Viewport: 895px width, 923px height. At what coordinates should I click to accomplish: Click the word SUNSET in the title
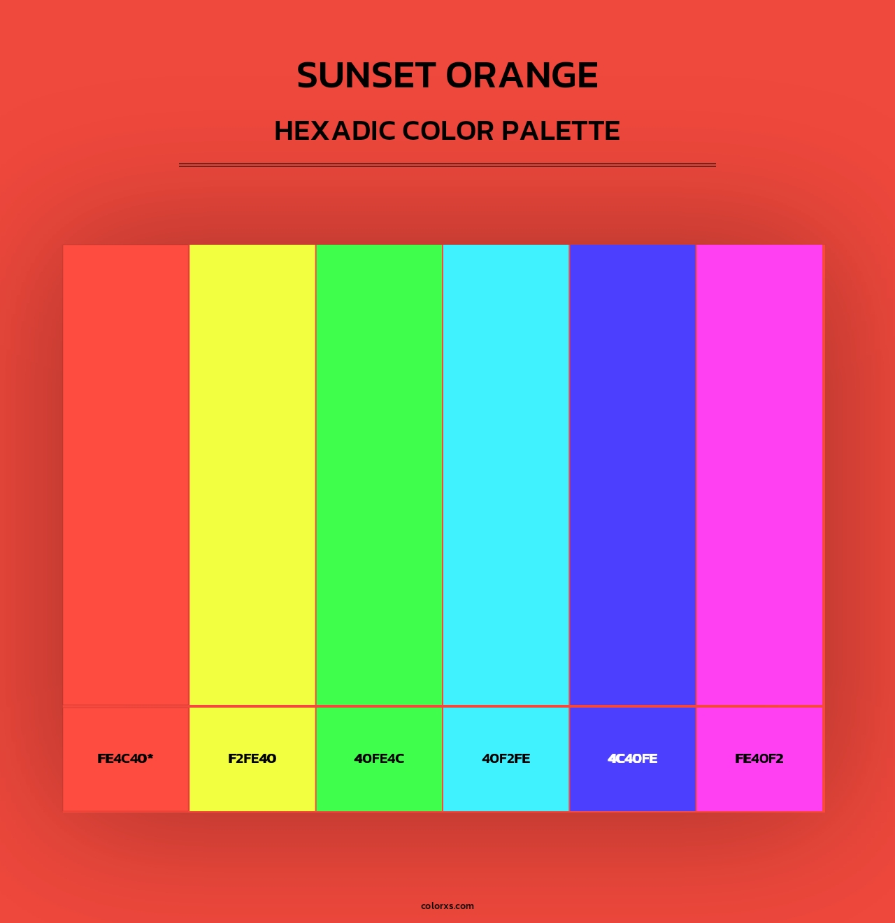coord(366,76)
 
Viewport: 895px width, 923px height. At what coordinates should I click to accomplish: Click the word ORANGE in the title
coord(522,76)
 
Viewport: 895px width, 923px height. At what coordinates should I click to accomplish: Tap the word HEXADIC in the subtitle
coord(334,131)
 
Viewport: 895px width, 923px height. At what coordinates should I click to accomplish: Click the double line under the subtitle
coord(447,165)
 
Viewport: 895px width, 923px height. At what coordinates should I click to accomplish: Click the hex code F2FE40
coord(252,759)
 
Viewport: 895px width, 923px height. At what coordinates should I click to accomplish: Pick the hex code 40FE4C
coord(379,759)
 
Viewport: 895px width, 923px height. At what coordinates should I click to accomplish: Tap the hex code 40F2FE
coord(506,759)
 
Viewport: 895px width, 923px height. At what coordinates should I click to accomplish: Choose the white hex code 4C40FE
coord(632,759)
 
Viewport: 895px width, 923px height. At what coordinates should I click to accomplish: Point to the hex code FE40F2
coord(759,759)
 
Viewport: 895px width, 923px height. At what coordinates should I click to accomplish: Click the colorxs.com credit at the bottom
coord(447,906)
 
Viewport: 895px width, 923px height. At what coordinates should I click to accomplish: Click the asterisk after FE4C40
coord(150,757)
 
